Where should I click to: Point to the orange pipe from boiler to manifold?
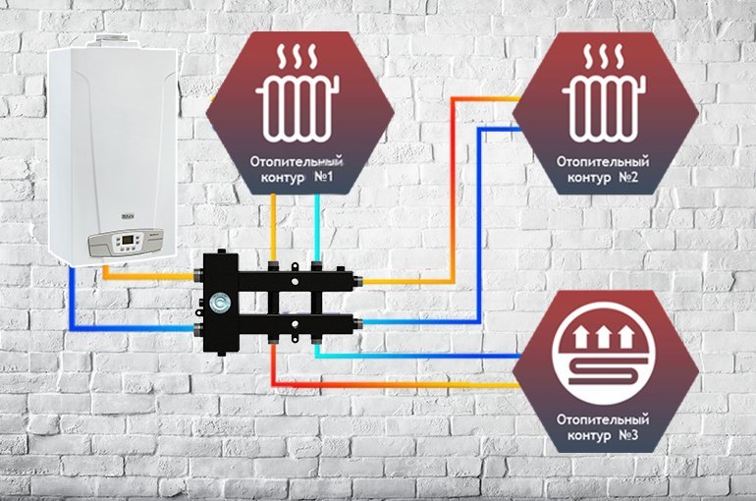coord(147,280)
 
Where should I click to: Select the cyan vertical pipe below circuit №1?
coord(316,226)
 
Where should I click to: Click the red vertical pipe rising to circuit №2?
coord(451,187)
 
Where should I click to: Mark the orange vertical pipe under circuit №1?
coord(276,226)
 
